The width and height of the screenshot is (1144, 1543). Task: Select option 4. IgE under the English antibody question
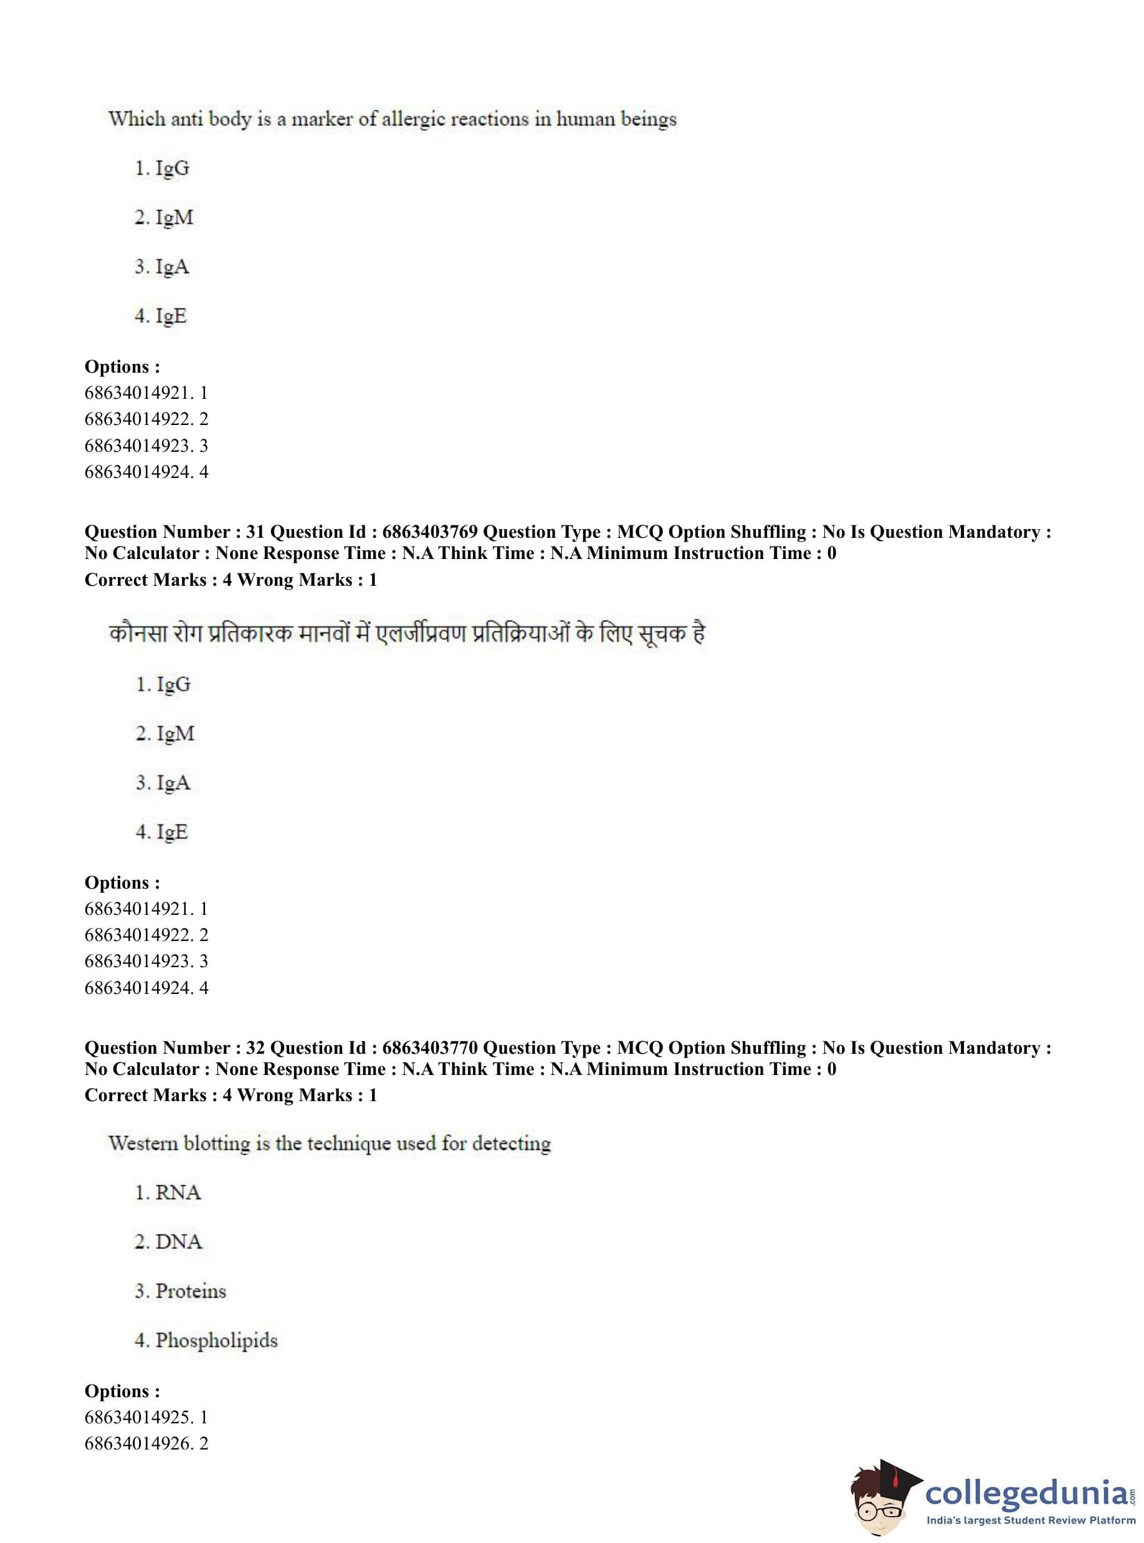click(x=161, y=316)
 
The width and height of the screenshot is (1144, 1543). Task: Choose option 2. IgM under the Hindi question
click(x=165, y=733)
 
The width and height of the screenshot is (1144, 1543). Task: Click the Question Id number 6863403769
click(x=429, y=532)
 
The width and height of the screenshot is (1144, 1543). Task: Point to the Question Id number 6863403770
click(x=429, y=1048)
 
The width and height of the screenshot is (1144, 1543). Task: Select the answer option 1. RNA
click(x=168, y=1192)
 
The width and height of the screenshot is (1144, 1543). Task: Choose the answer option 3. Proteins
click(x=180, y=1291)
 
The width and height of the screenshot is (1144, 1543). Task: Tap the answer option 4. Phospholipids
click(x=206, y=1340)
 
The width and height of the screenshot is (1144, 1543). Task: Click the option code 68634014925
click(x=138, y=1417)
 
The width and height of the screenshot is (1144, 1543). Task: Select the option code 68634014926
click(x=138, y=1443)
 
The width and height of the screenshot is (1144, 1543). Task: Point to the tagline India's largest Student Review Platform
click(x=1031, y=1520)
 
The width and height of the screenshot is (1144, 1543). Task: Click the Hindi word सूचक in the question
click(x=664, y=633)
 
